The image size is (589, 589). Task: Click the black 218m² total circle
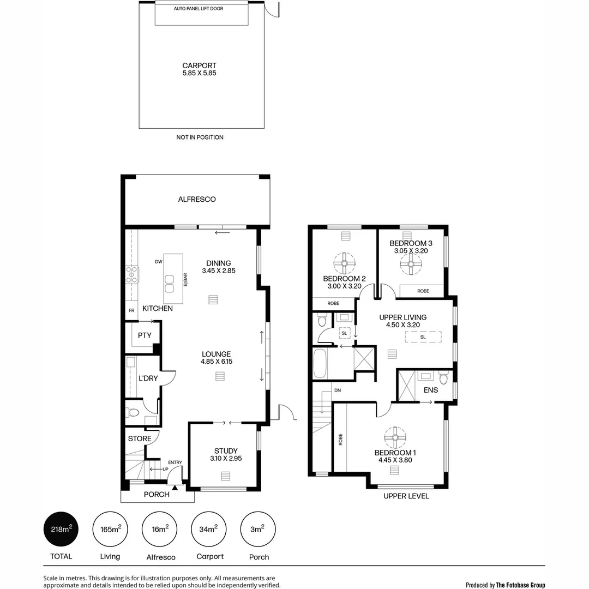(x=61, y=529)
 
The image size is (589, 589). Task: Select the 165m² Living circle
(x=110, y=529)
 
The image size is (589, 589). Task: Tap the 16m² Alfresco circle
(x=160, y=529)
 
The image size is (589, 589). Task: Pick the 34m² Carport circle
(x=209, y=529)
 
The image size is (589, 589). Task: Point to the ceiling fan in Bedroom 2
(x=345, y=263)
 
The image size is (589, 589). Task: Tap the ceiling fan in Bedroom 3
(x=411, y=265)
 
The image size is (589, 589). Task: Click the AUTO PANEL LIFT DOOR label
(x=199, y=9)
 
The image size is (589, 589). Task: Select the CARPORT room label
(x=199, y=65)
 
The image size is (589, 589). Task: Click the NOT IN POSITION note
(x=200, y=137)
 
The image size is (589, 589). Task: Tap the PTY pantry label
(x=145, y=335)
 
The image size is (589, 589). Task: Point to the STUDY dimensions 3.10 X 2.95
(x=225, y=459)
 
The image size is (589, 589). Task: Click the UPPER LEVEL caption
(x=406, y=496)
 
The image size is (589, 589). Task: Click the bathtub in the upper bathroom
(x=320, y=364)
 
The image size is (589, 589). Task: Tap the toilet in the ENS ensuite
(x=444, y=377)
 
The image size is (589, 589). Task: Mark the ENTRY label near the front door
(x=175, y=462)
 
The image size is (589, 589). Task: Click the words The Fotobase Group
(x=520, y=585)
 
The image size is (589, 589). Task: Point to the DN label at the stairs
(x=338, y=390)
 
